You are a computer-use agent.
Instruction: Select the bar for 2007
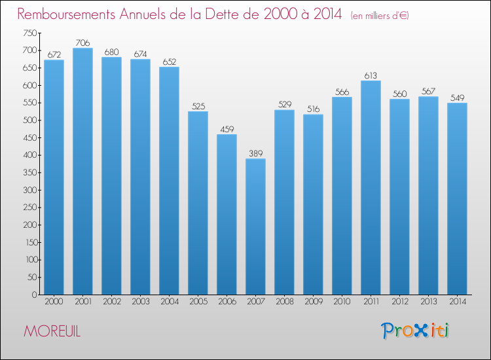click(255, 226)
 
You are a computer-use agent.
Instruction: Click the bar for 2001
click(82, 171)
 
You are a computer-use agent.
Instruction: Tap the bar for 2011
click(371, 187)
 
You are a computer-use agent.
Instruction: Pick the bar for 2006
click(227, 215)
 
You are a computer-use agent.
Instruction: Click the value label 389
click(255, 153)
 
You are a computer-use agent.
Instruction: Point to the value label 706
click(82, 43)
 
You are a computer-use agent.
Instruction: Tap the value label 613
click(371, 75)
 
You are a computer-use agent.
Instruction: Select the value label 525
click(198, 106)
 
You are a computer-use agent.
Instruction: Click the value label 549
click(457, 98)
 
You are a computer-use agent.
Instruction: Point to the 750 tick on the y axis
click(29, 33)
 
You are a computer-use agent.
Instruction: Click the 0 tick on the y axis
click(35, 295)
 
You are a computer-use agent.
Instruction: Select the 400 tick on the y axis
click(29, 155)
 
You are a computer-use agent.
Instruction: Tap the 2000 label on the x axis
click(54, 301)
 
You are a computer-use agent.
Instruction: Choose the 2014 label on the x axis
click(457, 301)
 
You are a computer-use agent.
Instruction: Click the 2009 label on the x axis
click(313, 301)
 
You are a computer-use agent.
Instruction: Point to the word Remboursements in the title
click(66, 14)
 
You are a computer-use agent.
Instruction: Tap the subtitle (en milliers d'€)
click(380, 16)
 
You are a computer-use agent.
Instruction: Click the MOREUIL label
click(52, 331)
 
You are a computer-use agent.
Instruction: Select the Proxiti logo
click(415, 331)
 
